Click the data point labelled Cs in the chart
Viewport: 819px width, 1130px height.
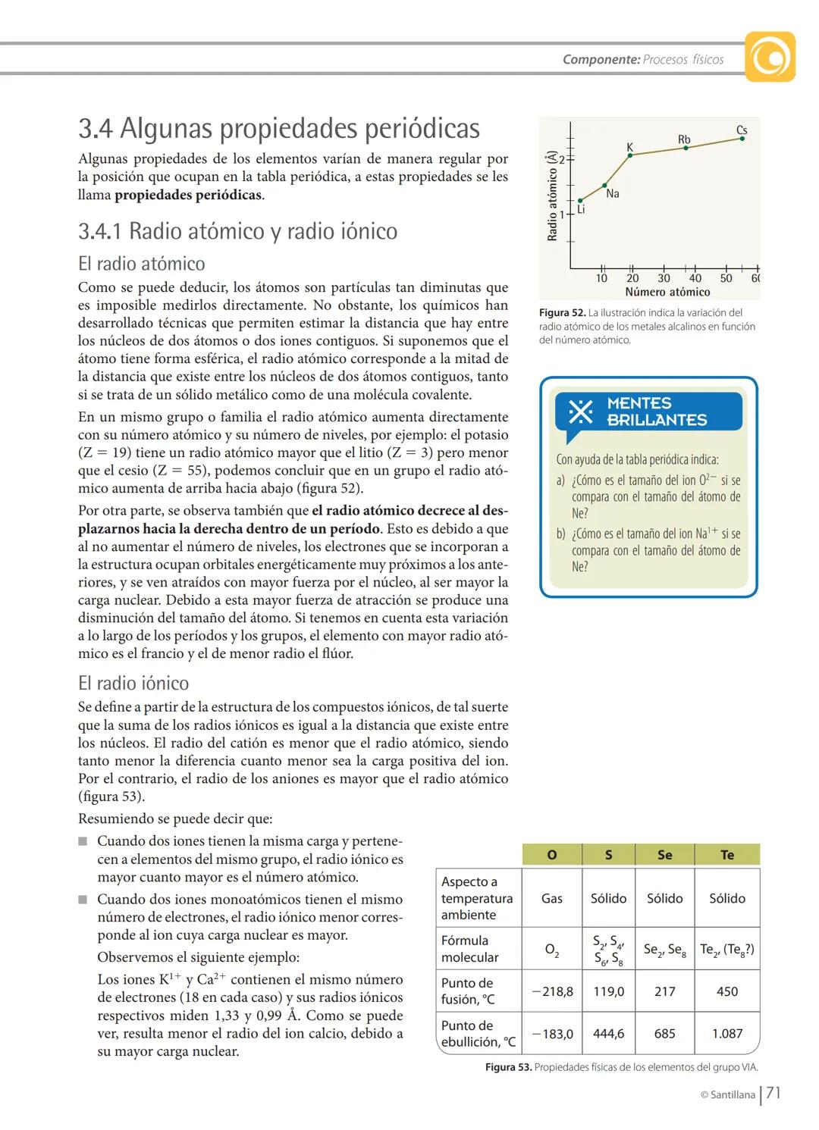click(742, 139)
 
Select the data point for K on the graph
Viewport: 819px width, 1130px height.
click(631, 155)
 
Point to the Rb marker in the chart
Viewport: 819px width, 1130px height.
click(686, 148)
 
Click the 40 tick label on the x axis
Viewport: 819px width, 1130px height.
click(695, 278)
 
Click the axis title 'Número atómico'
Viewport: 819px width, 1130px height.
click(667, 292)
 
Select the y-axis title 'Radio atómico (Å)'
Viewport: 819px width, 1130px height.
click(552, 196)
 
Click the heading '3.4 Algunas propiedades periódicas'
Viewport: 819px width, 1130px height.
click(279, 128)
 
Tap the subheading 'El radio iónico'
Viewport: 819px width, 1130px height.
click(133, 683)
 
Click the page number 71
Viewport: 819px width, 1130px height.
click(773, 1093)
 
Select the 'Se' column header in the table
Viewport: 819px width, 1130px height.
click(664, 855)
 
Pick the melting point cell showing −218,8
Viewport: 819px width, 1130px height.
click(552, 991)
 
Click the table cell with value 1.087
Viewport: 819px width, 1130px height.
click(727, 1033)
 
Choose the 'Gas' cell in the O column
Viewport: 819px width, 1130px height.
click(552, 898)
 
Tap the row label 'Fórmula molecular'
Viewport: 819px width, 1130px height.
click(470, 949)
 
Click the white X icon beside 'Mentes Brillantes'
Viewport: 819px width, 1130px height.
click(580, 412)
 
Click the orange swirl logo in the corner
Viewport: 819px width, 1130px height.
click(770, 57)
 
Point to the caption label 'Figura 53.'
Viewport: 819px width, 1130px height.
click(508, 1067)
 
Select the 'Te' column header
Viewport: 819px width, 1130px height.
click(727, 855)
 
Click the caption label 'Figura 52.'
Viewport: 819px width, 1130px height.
click(562, 312)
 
